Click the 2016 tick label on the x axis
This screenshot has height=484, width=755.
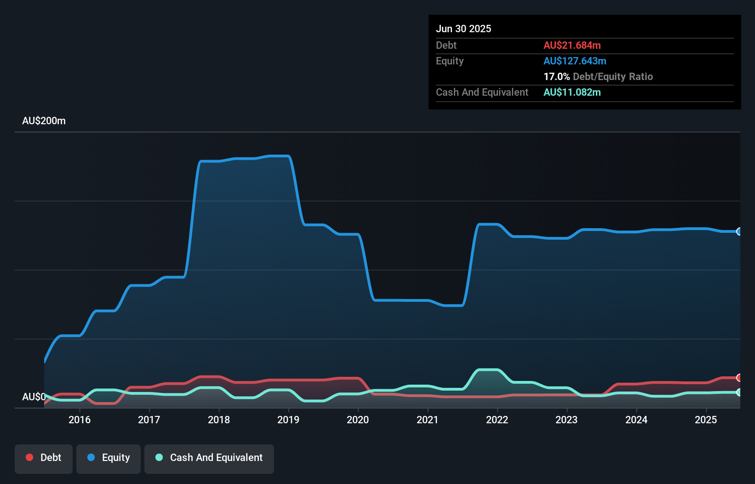[80, 420]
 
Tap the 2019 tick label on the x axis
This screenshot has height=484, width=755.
[288, 420]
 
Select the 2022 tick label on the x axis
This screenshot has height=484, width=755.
[497, 420]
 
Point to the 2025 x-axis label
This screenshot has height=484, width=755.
[706, 420]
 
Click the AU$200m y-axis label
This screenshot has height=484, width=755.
[44, 121]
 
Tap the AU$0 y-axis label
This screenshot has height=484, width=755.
[34, 397]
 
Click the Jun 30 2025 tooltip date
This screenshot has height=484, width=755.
[463, 29]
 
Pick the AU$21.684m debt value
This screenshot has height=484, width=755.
[572, 45]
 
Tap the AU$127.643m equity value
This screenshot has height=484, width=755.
[575, 61]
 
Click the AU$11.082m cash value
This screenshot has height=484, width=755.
[572, 92]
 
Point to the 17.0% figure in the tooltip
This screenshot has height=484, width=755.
[556, 76]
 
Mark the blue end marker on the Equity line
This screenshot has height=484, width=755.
[739, 231]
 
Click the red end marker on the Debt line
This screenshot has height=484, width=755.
[739, 378]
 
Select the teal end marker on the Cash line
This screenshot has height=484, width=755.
[739, 392]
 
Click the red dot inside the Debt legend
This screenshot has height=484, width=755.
[29, 457]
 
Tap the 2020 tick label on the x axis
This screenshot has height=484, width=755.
[358, 420]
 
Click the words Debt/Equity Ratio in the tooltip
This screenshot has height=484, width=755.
[613, 76]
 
